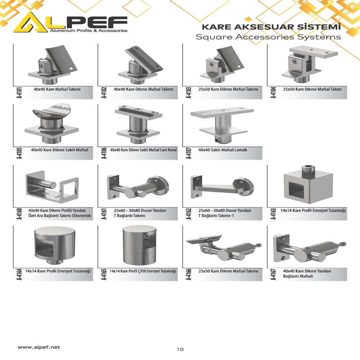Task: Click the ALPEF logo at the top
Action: [70, 22]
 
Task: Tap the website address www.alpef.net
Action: [39, 347]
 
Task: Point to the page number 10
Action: [180, 349]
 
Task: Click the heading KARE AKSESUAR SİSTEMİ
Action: [271, 27]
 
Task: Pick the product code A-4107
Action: [189, 153]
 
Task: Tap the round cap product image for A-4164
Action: [55, 246]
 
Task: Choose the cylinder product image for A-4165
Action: [140, 245]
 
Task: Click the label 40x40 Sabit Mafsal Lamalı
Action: [223, 150]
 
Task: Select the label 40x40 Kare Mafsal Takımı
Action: [57, 89]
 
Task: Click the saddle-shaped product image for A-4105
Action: [51, 123]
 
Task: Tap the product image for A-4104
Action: [310, 64]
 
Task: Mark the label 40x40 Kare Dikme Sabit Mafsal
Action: [59, 150]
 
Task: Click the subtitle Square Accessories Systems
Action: [268, 37]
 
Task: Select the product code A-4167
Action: [274, 275]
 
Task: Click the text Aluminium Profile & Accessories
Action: [89, 31]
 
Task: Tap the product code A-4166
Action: [189, 275]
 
